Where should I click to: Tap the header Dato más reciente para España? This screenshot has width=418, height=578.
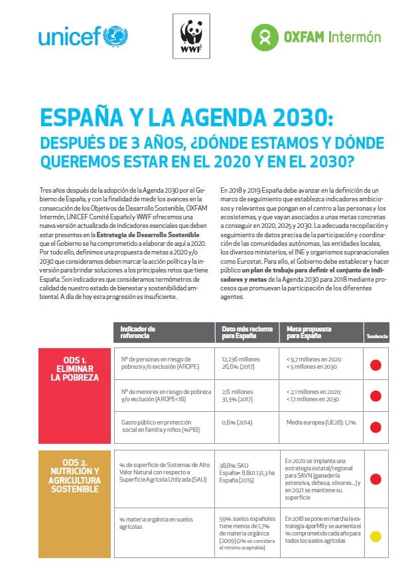245,332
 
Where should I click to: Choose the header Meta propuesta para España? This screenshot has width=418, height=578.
309,332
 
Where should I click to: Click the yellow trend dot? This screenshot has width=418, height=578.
376,536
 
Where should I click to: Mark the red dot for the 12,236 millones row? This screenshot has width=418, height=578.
376,364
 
